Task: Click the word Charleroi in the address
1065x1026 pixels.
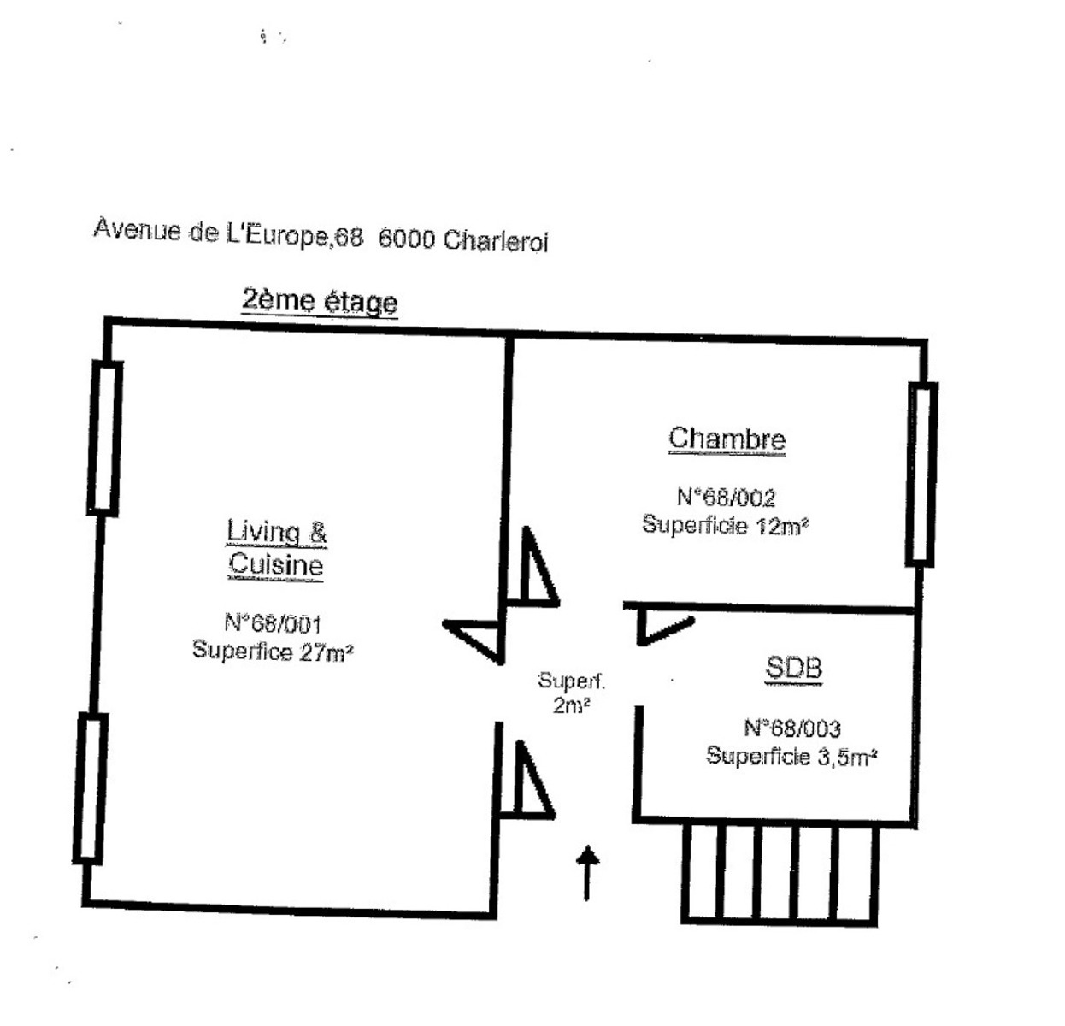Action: (x=495, y=241)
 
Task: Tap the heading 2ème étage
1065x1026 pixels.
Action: (x=320, y=302)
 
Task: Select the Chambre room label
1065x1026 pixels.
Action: (x=727, y=438)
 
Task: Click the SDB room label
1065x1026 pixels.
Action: (x=793, y=668)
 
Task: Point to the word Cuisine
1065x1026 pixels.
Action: (x=276, y=564)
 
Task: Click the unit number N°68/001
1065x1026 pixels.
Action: (x=273, y=623)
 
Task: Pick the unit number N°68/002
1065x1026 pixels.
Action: (x=726, y=497)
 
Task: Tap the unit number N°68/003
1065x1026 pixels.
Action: (x=791, y=728)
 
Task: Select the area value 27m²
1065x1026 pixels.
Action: (x=326, y=652)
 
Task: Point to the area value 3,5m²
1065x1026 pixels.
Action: (x=847, y=758)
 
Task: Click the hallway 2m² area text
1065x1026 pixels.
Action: (x=571, y=705)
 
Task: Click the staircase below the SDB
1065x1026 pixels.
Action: (x=780, y=875)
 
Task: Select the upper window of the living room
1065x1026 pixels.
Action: (x=104, y=438)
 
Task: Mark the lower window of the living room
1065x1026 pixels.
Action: (x=91, y=788)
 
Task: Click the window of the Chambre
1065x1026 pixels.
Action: (x=921, y=475)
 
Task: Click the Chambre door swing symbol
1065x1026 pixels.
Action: (x=534, y=566)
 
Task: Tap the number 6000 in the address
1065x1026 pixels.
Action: (x=406, y=239)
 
